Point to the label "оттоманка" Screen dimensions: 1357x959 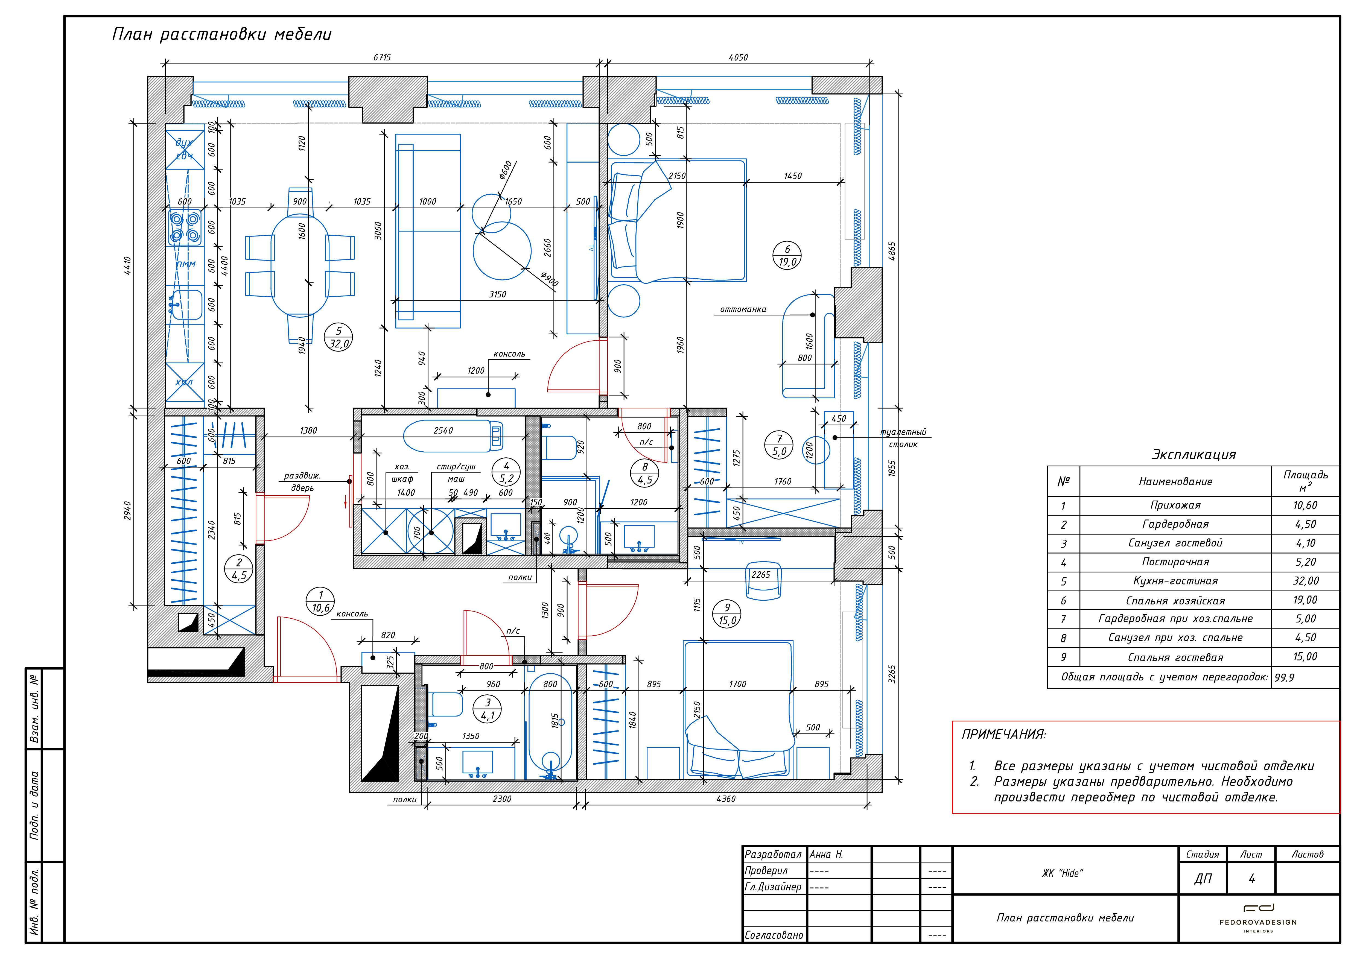pos(743,309)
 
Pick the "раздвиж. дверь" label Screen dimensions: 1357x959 pos(302,482)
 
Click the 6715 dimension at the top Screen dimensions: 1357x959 pos(382,57)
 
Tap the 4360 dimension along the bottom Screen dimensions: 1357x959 pos(726,799)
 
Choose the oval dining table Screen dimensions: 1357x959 pos(300,265)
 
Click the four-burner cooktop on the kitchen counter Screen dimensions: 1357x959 pos(184,227)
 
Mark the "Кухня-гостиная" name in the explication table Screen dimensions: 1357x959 pos(1175,581)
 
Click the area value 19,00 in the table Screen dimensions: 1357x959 pos(1305,600)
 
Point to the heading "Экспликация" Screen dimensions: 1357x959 pos(1193,454)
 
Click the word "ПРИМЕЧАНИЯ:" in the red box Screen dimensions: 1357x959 pos(1003,735)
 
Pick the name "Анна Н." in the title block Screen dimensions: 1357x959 pos(826,854)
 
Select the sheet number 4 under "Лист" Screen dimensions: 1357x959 pos(1251,879)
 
